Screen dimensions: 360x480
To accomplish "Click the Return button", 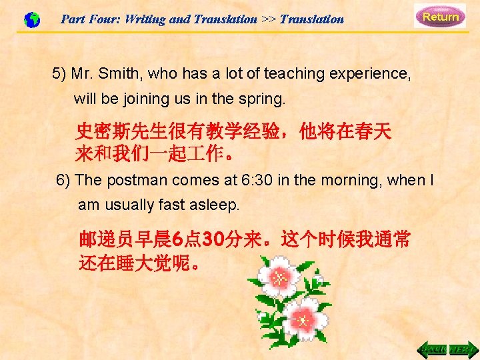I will (x=440, y=17).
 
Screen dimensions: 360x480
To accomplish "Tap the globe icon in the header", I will (x=31, y=20).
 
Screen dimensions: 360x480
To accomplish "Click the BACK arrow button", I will (x=433, y=349).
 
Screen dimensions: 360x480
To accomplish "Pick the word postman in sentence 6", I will (x=143, y=180).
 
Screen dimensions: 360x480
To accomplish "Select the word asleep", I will (x=215, y=205).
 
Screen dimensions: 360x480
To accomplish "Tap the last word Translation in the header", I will (x=311, y=19).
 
